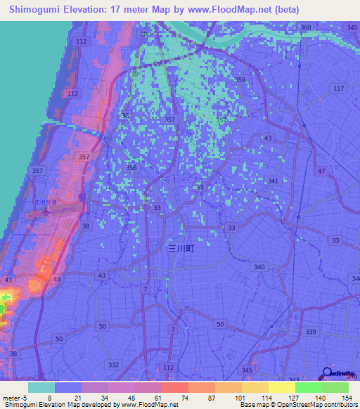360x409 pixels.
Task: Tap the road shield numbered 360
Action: tap(305, 27)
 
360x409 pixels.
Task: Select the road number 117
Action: tap(339, 88)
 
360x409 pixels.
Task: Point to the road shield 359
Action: tap(240, 80)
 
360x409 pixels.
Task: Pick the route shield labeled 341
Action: tap(273, 181)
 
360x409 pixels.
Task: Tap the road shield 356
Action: tap(131, 167)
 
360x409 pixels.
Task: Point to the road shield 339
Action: tap(311, 331)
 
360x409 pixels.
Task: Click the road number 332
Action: tap(114, 365)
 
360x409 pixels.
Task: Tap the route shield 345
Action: tap(246, 370)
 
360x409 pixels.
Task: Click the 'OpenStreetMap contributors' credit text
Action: tap(316, 405)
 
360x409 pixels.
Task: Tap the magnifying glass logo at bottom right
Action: tap(327, 374)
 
